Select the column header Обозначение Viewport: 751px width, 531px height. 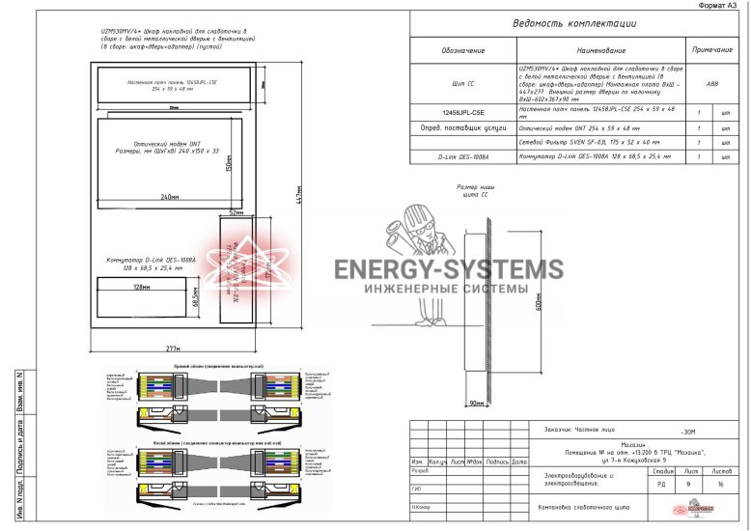(x=463, y=50)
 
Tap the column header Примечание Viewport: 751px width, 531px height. (x=711, y=49)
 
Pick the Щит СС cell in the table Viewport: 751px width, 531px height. (x=463, y=84)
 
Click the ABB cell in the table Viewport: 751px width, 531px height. (x=712, y=84)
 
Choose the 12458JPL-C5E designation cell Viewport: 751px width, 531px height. (x=463, y=113)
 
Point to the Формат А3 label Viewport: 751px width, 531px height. (x=720, y=6)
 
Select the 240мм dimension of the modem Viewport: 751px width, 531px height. (x=170, y=197)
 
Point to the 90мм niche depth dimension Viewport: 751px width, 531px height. (x=477, y=402)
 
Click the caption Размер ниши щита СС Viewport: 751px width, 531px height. (x=479, y=190)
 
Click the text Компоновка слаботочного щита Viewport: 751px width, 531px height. (x=583, y=507)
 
